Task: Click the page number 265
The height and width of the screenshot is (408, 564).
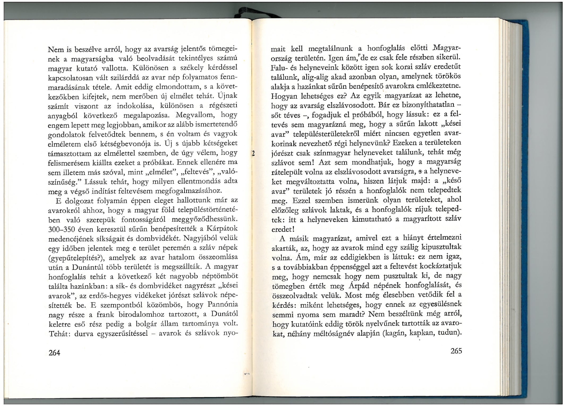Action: click(x=456, y=351)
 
